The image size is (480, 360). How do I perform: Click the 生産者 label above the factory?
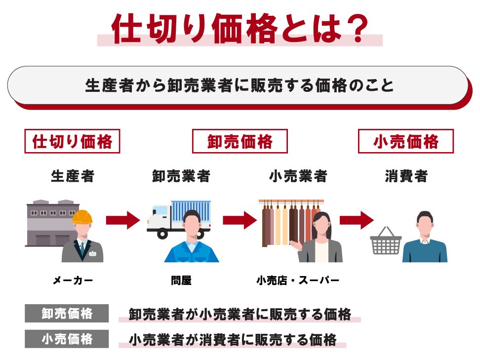[x=73, y=176]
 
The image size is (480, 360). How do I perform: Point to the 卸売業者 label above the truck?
[x=181, y=176]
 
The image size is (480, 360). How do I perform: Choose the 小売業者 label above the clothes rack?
[x=298, y=176]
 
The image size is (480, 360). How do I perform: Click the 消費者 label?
[x=406, y=176]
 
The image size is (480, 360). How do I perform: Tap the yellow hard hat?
[x=82, y=217]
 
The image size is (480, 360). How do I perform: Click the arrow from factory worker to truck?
[x=123, y=220]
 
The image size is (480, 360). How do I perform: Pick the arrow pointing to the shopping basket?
[x=357, y=220]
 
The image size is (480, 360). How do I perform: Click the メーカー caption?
[x=73, y=280]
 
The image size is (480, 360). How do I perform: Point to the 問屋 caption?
[x=181, y=280]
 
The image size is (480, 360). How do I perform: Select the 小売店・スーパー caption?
[x=298, y=280]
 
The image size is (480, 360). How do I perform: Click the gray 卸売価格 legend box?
[x=67, y=313]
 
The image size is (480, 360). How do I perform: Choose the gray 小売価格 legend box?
[x=67, y=339]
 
